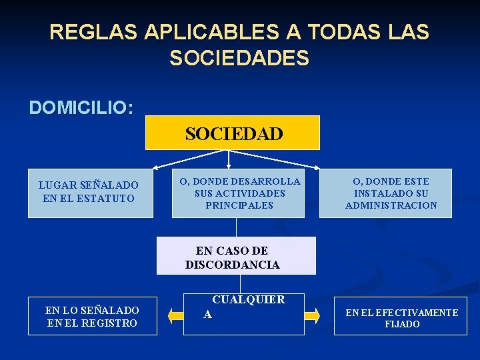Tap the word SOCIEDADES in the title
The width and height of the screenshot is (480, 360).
click(x=239, y=59)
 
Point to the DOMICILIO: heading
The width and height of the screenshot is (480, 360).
click(x=81, y=107)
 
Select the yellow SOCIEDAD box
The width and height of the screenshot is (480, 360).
click(x=233, y=133)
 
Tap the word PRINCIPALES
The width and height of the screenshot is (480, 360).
click(x=239, y=205)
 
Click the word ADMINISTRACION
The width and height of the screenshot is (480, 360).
click(x=391, y=205)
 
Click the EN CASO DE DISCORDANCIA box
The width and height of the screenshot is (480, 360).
click(x=236, y=256)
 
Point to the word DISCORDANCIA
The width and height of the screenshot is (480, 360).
click(x=233, y=265)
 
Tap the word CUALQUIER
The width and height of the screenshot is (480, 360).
click(x=248, y=300)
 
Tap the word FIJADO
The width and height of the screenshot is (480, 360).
click(x=402, y=324)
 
